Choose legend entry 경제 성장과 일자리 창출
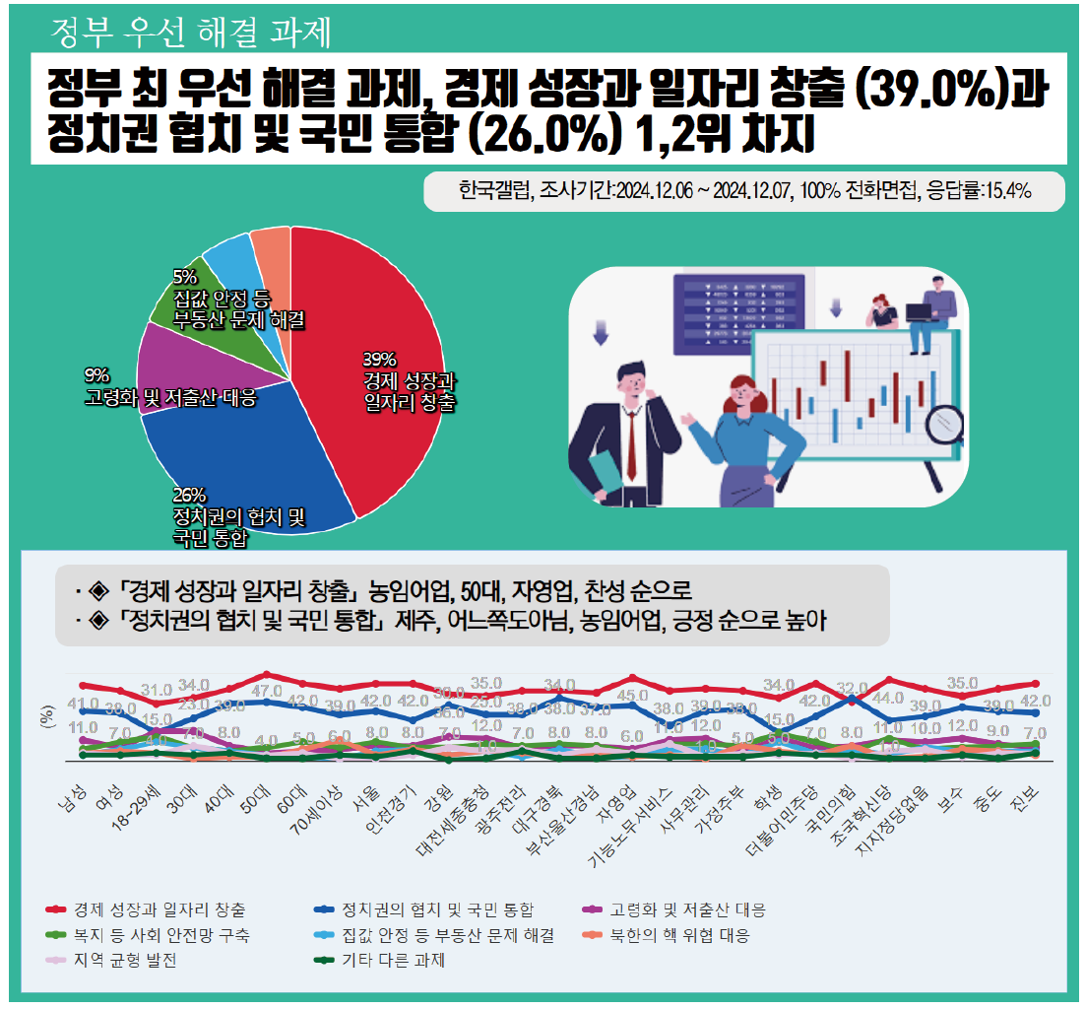pyautogui.click(x=158, y=909)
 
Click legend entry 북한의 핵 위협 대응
pyautogui.click(x=679, y=934)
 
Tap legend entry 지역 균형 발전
pyautogui.click(x=124, y=960)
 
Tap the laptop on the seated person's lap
pyautogui.click(x=923, y=311)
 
